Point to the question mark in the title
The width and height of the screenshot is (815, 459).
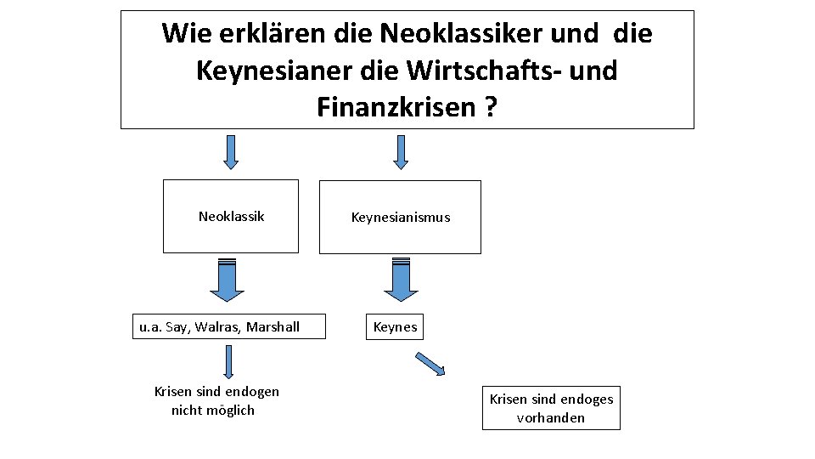pos(491,107)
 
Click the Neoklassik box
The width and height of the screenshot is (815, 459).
pos(231,217)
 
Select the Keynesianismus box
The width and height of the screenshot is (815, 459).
pos(400,218)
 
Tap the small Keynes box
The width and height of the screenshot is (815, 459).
pos(396,327)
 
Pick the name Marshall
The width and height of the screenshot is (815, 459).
pos(273,327)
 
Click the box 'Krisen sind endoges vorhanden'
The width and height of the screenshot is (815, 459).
pos(551,408)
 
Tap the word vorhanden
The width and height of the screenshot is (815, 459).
pos(551,417)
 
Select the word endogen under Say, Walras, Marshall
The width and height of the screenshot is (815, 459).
pos(252,391)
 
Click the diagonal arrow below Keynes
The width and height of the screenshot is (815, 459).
pos(430,363)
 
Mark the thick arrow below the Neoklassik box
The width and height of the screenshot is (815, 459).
pos(227,280)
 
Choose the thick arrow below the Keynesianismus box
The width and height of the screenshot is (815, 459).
pos(401,280)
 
